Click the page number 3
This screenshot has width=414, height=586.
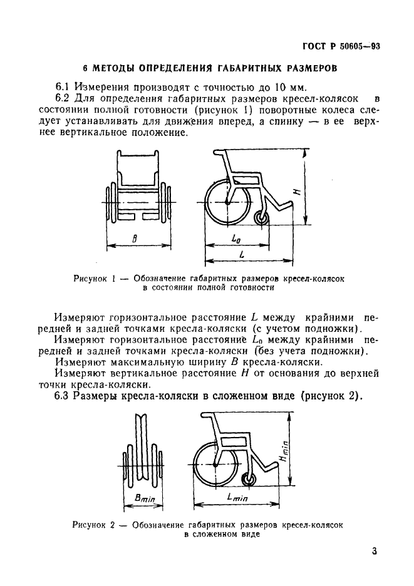tap(374, 552)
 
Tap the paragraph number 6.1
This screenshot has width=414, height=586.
tap(63, 87)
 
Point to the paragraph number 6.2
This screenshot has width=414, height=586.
tap(63, 99)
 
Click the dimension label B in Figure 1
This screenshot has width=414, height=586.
tap(136, 238)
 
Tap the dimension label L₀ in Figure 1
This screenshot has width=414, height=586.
tap(236, 238)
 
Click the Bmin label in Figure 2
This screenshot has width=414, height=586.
tap(145, 496)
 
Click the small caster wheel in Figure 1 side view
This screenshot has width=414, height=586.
tap(262, 217)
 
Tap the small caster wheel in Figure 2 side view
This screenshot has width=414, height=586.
tap(248, 480)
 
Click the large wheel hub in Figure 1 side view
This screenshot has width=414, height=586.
tap(227, 202)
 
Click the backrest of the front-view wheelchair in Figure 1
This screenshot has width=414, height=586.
tap(139, 166)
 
